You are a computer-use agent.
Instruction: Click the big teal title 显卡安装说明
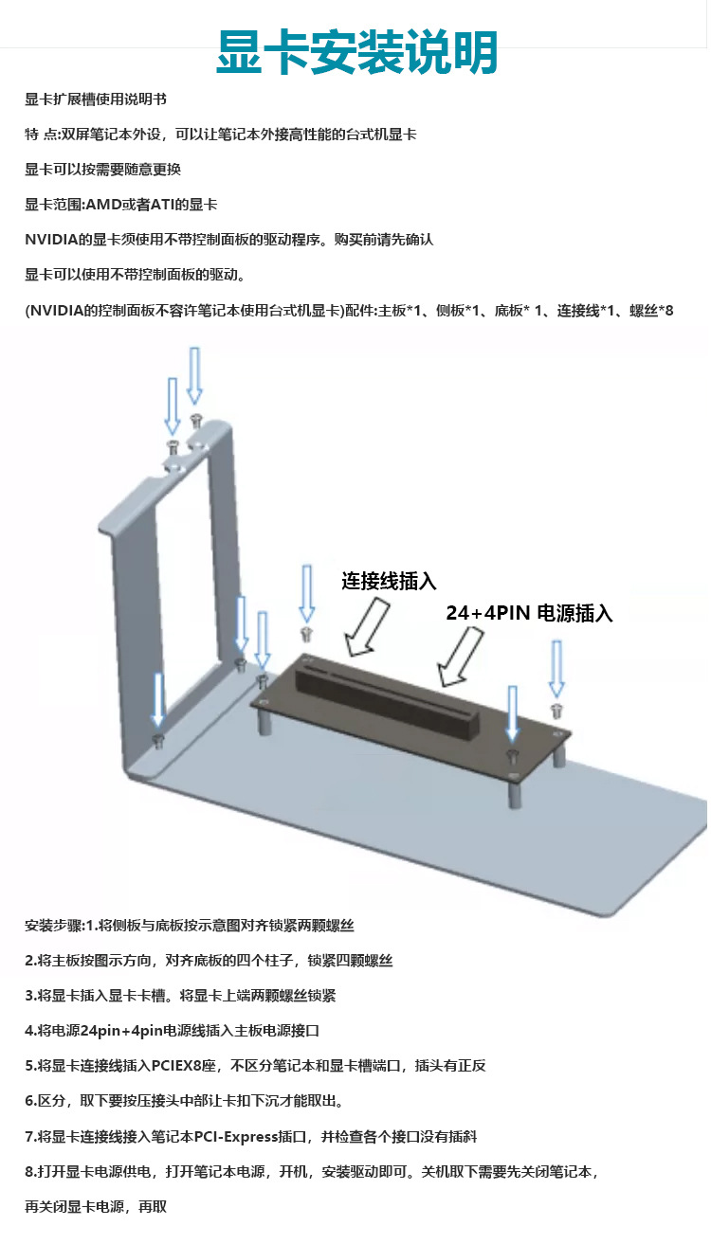[x=356, y=54]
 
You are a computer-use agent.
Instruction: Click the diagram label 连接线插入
[x=389, y=582]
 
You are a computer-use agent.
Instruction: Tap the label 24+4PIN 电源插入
[x=529, y=613]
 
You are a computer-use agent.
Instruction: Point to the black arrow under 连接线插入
[x=368, y=626]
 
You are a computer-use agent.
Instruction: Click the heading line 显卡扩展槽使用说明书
[x=96, y=99]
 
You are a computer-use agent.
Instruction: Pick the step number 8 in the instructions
[x=29, y=1172]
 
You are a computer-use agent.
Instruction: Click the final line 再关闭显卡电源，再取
[x=96, y=1207]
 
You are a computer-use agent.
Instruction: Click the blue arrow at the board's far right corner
[x=556, y=668]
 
